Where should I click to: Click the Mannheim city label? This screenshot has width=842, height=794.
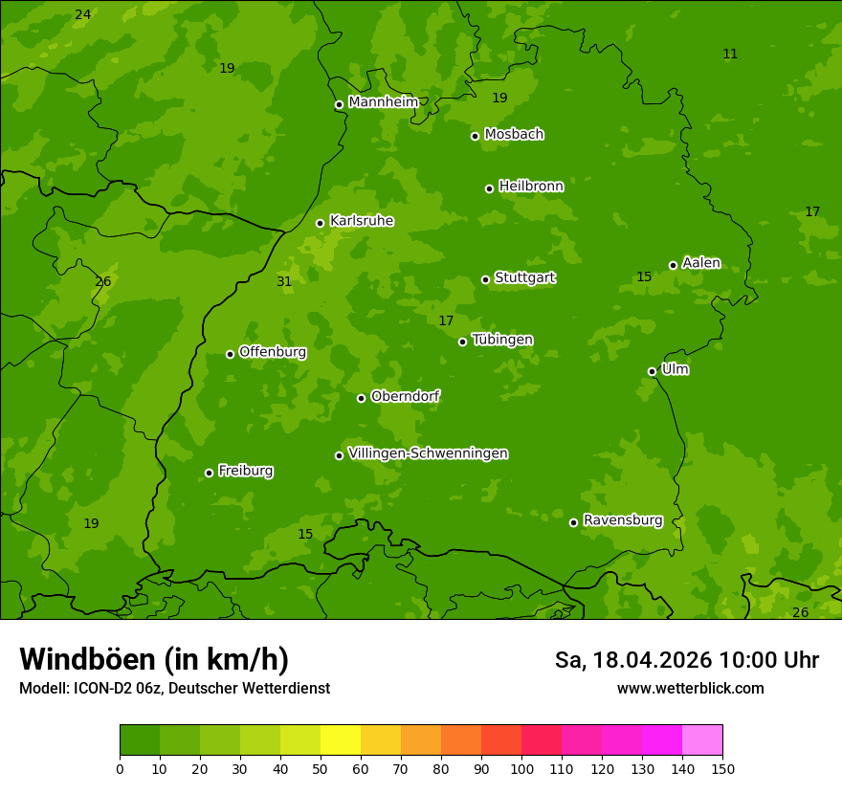point(383,102)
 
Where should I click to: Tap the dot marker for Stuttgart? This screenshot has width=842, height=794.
point(485,279)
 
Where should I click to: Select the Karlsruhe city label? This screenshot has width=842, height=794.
point(361,221)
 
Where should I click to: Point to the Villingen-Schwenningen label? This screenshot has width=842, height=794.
point(428,453)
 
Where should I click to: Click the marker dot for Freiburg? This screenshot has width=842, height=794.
point(209,473)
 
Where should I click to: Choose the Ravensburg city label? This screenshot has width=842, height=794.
point(622,520)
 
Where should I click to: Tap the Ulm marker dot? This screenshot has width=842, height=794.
point(652,371)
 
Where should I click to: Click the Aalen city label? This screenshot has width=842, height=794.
point(700,263)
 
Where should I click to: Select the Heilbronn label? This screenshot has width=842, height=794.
point(530,187)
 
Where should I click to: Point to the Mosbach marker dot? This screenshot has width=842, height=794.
point(475,136)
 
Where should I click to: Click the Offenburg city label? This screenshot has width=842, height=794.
point(272,352)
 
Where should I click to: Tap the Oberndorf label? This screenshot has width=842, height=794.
point(405,396)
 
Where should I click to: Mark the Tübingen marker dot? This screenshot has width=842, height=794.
point(462,342)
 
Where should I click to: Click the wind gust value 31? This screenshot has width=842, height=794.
point(284,281)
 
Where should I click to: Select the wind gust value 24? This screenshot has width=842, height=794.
point(83,14)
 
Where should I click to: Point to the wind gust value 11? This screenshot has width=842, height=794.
point(730,54)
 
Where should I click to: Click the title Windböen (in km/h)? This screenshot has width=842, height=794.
point(154,659)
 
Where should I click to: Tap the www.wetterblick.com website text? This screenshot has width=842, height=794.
point(690,688)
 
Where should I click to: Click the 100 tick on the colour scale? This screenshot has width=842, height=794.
point(521,768)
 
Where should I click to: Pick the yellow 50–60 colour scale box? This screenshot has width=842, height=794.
point(341,740)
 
